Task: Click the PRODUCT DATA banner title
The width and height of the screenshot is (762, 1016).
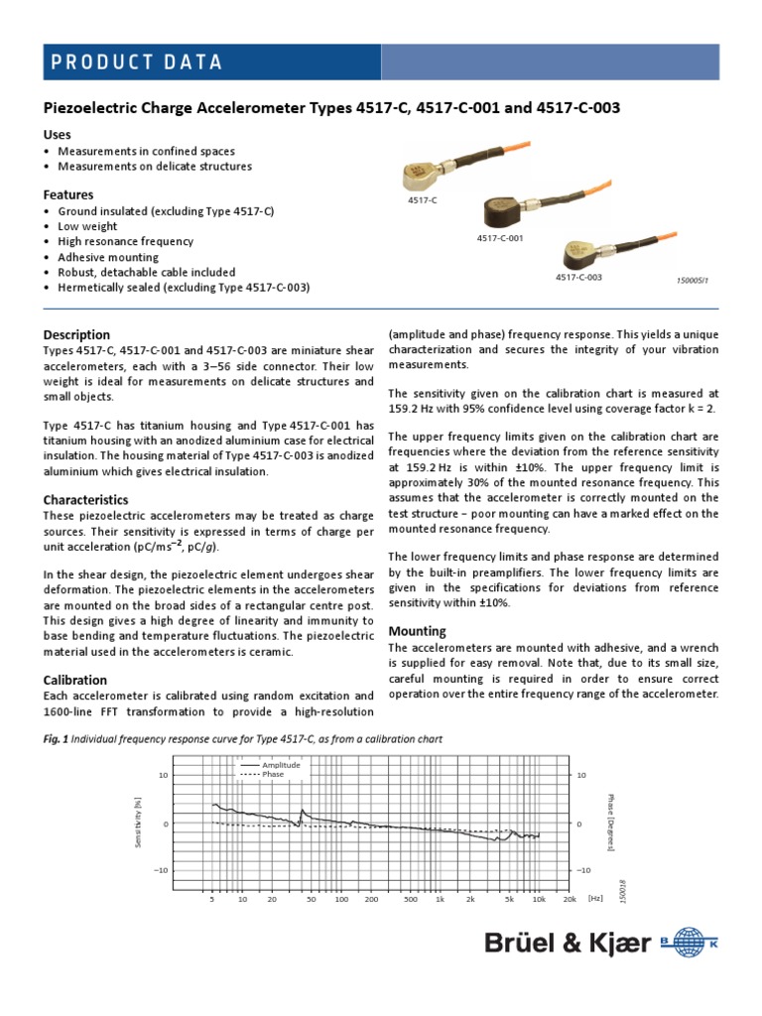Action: (x=137, y=63)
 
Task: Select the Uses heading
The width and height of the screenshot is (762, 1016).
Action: (x=58, y=134)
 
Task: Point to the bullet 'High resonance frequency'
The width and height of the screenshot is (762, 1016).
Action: (x=125, y=241)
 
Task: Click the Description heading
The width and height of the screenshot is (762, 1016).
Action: (x=76, y=334)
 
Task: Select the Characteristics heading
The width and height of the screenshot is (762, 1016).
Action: (x=86, y=500)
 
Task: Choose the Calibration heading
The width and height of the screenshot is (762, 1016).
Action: (x=75, y=680)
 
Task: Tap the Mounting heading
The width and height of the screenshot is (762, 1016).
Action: (x=416, y=631)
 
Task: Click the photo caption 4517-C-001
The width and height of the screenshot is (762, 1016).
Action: (x=499, y=238)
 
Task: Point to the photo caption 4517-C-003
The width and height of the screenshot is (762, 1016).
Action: (x=578, y=278)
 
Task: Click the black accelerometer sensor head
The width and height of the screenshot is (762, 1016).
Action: (x=506, y=211)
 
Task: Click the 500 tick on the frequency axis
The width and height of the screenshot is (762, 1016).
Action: (x=410, y=899)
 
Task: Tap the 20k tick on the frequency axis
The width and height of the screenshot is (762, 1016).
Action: (x=570, y=899)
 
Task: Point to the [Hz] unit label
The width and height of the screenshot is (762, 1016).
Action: (x=595, y=898)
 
